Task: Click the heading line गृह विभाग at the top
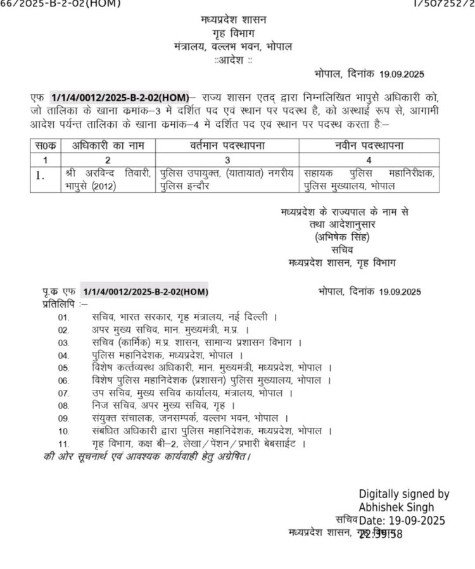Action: [232, 34]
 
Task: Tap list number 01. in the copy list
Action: [63, 317]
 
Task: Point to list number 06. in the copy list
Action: [63, 380]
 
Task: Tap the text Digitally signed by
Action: [404, 494]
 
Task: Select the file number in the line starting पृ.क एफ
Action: [145, 291]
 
